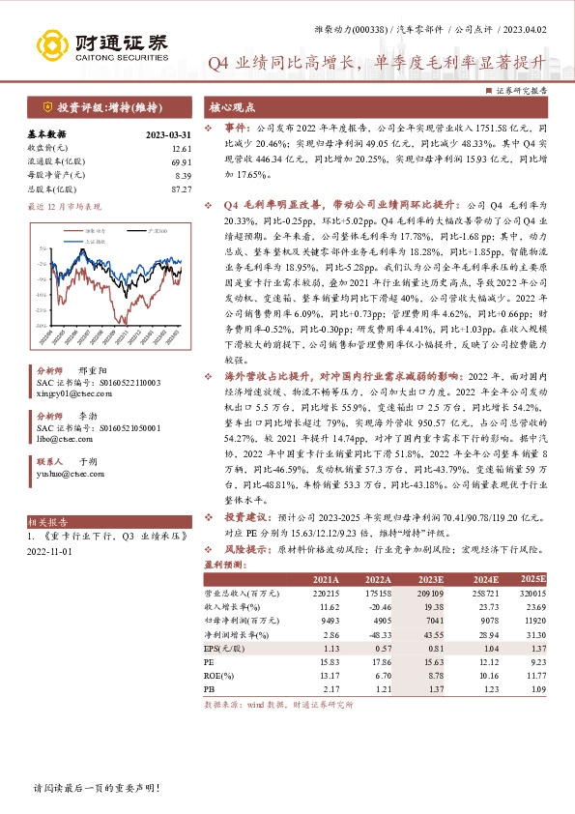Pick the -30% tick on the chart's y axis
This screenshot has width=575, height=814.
[x=41, y=309]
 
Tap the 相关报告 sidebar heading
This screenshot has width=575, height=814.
[x=45, y=520]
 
